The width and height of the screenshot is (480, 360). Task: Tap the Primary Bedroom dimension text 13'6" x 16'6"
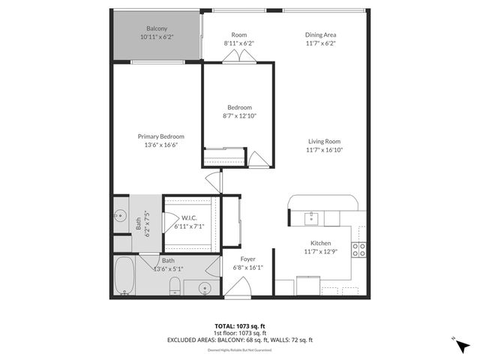pos(160,146)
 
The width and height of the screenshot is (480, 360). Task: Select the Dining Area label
pos(320,34)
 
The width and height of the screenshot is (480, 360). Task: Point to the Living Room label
pos(324,141)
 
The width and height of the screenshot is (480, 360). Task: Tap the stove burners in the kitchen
pos(361,250)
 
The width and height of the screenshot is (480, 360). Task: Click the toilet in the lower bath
pos(174,285)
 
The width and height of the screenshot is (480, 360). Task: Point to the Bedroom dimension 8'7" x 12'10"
pos(239,115)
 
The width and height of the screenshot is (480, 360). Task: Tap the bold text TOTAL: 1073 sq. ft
pos(239,326)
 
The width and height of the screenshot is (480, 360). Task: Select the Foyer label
pos(247,259)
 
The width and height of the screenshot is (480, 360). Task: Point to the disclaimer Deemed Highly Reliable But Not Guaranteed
pos(239,349)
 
